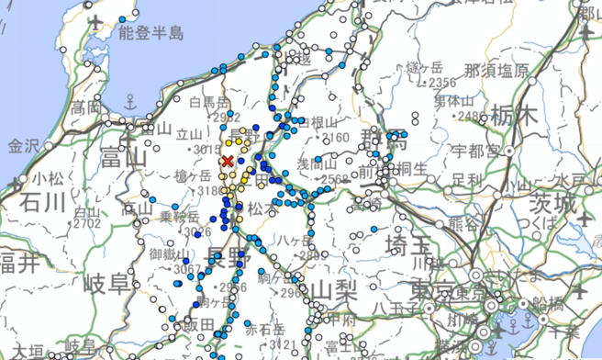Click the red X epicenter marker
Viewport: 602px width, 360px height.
pos(227,162)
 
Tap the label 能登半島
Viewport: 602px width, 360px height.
pos(151,33)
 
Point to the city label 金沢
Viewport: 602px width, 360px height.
pos(26,145)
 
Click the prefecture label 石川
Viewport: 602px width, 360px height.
pos(43,200)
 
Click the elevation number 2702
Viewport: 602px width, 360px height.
pos(87,222)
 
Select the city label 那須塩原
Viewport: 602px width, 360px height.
pos(496,70)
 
